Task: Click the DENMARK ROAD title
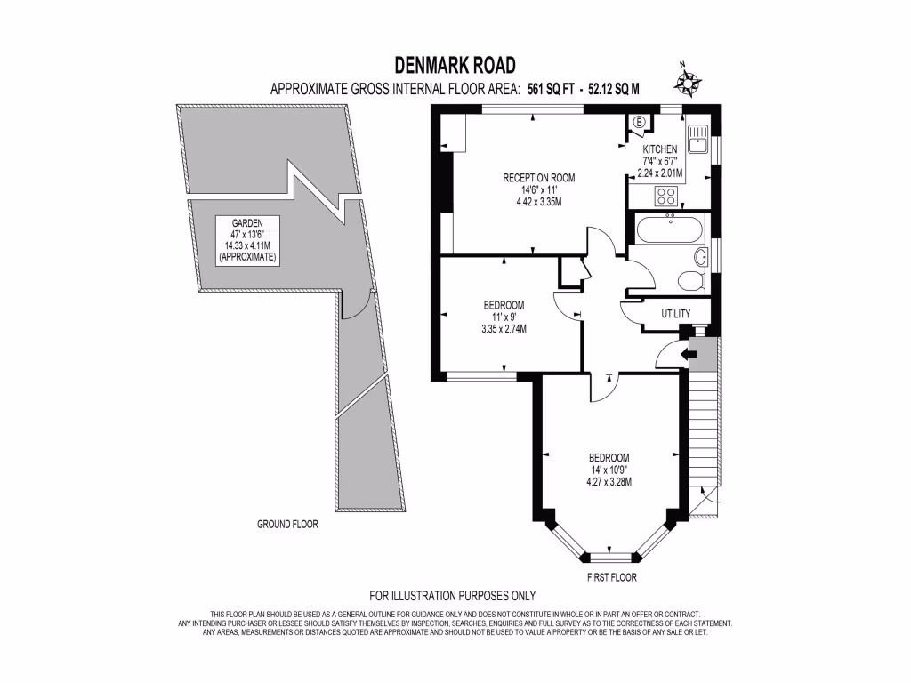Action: pyautogui.click(x=455, y=66)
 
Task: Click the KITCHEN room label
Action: pyautogui.click(x=660, y=149)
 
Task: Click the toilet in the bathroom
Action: pyautogui.click(x=690, y=280)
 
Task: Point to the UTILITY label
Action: pyautogui.click(x=676, y=315)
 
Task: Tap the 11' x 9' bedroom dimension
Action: pyautogui.click(x=497, y=317)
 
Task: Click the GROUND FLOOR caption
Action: pyautogui.click(x=287, y=525)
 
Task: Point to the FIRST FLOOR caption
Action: pyautogui.click(x=611, y=577)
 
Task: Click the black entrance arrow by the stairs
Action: pyautogui.click(x=685, y=354)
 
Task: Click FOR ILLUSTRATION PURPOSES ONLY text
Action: pyautogui.click(x=452, y=596)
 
